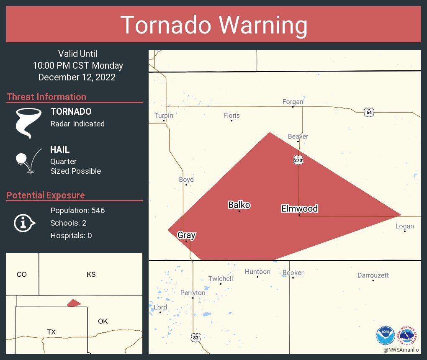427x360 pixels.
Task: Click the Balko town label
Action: point(239,205)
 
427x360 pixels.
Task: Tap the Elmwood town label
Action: point(299,208)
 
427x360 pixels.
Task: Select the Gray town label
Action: point(186,235)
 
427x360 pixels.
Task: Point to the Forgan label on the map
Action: point(293,101)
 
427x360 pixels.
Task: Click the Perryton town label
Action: point(193,293)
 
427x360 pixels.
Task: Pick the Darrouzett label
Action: point(373,275)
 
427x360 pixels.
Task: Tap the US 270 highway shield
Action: point(298,160)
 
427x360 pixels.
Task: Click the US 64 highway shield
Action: point(368,112)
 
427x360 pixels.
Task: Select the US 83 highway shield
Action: point(195,337)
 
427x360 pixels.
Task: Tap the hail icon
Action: point(28,161)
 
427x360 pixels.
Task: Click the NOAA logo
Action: point(385,335)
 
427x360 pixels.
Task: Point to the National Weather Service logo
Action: point(408,335)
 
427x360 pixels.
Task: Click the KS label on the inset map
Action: point(91,275)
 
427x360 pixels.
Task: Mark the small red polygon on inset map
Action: point(74,303)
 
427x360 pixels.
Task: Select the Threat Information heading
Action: point(46,97)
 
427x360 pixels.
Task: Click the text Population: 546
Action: point(77,210)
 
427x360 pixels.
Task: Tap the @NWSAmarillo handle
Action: point(401,350)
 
